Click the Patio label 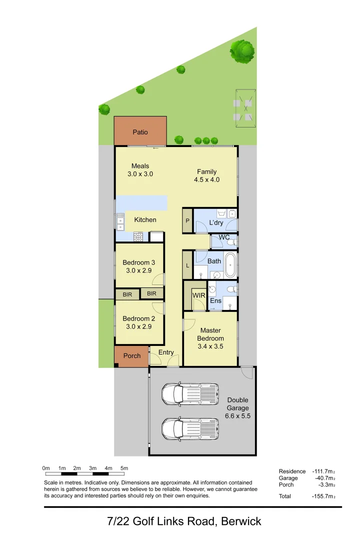tap(140, 132)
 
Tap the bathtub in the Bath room tap(230, 265)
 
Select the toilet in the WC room tap(231, 242)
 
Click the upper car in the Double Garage tap(190, 394)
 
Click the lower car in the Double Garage tap(190, 428)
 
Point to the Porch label tap(132, 356)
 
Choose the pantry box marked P tap(187, 220)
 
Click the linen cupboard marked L tap(187, 265)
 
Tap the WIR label tap(198, 295)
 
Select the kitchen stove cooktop tap(138, 236)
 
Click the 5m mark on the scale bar tap(124, 468)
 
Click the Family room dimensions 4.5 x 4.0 tap(206, 179)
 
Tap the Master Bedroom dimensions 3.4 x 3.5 tap(211, 346)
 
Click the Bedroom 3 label tap(138, 262)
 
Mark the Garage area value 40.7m tap(324, 478)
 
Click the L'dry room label tap(216, 222)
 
